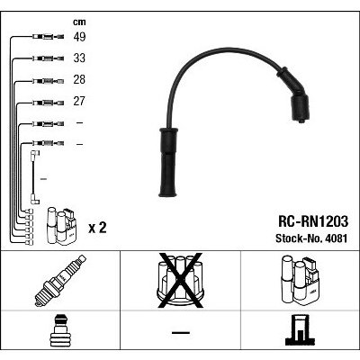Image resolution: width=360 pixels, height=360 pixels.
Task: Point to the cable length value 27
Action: tap(81, 102)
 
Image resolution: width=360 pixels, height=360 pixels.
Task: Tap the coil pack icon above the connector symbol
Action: tap(298, 279)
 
